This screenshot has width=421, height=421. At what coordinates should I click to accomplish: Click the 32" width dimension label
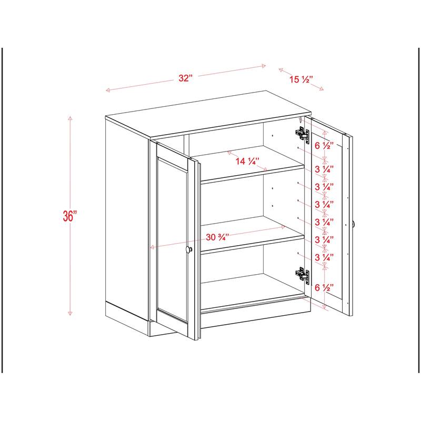(x=185, y=78)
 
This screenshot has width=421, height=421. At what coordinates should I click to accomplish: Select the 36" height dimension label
(x=69, y=216)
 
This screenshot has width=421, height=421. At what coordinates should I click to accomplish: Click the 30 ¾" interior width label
(x=216, y=237)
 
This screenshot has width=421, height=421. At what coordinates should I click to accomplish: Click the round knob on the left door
(x=189, y=250)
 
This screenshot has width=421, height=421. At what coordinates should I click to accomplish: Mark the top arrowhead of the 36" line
(x=69, y=118)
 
